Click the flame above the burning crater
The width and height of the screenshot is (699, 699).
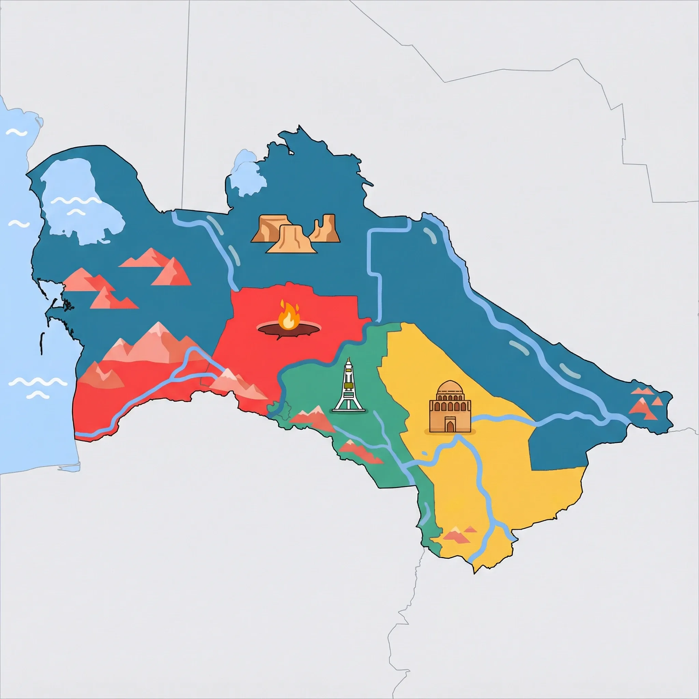288,316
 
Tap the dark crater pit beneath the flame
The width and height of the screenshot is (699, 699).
288,329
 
